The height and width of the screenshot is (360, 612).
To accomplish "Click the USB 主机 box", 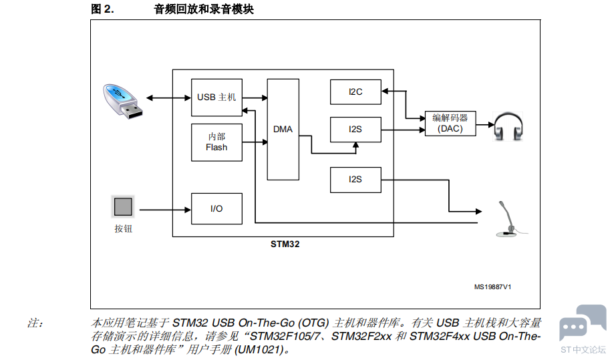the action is [x=216, y=98].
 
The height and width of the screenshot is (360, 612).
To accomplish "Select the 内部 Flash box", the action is [x=216, y=142].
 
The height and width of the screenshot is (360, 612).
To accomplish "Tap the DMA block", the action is [x=283, y=130].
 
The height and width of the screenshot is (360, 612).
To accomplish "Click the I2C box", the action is [x=355, y=92].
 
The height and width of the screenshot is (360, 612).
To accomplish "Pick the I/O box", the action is [x=216, y=208].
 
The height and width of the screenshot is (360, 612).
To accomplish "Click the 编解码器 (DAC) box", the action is [x=450, y=124].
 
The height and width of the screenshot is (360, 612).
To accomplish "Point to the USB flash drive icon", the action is [x=122, y=101].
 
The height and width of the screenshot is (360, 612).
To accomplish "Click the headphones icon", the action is [x=508, y=126].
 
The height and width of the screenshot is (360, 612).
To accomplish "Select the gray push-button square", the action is [x=123, y=206].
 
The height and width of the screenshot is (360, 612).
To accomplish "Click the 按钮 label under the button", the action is [x=124, y=229].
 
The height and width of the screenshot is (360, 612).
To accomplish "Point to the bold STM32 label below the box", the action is [x=285, y=244].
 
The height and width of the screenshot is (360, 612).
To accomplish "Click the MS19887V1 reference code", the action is [x=492, y=287].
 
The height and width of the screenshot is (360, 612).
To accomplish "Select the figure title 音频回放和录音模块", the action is [x=204, y=9].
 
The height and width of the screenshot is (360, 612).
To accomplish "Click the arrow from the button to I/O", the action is [x=165, y=210].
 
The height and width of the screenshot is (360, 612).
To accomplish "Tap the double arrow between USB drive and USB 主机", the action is [x=168, y=98].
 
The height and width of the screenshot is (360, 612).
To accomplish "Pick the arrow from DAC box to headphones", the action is [x=485, y=125].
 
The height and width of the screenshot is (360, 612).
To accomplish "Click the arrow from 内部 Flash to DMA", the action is [x=255, y=142].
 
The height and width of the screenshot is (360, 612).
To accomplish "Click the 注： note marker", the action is [x=35, y=323].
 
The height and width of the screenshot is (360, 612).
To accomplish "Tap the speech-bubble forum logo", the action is [x=583, y=322].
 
